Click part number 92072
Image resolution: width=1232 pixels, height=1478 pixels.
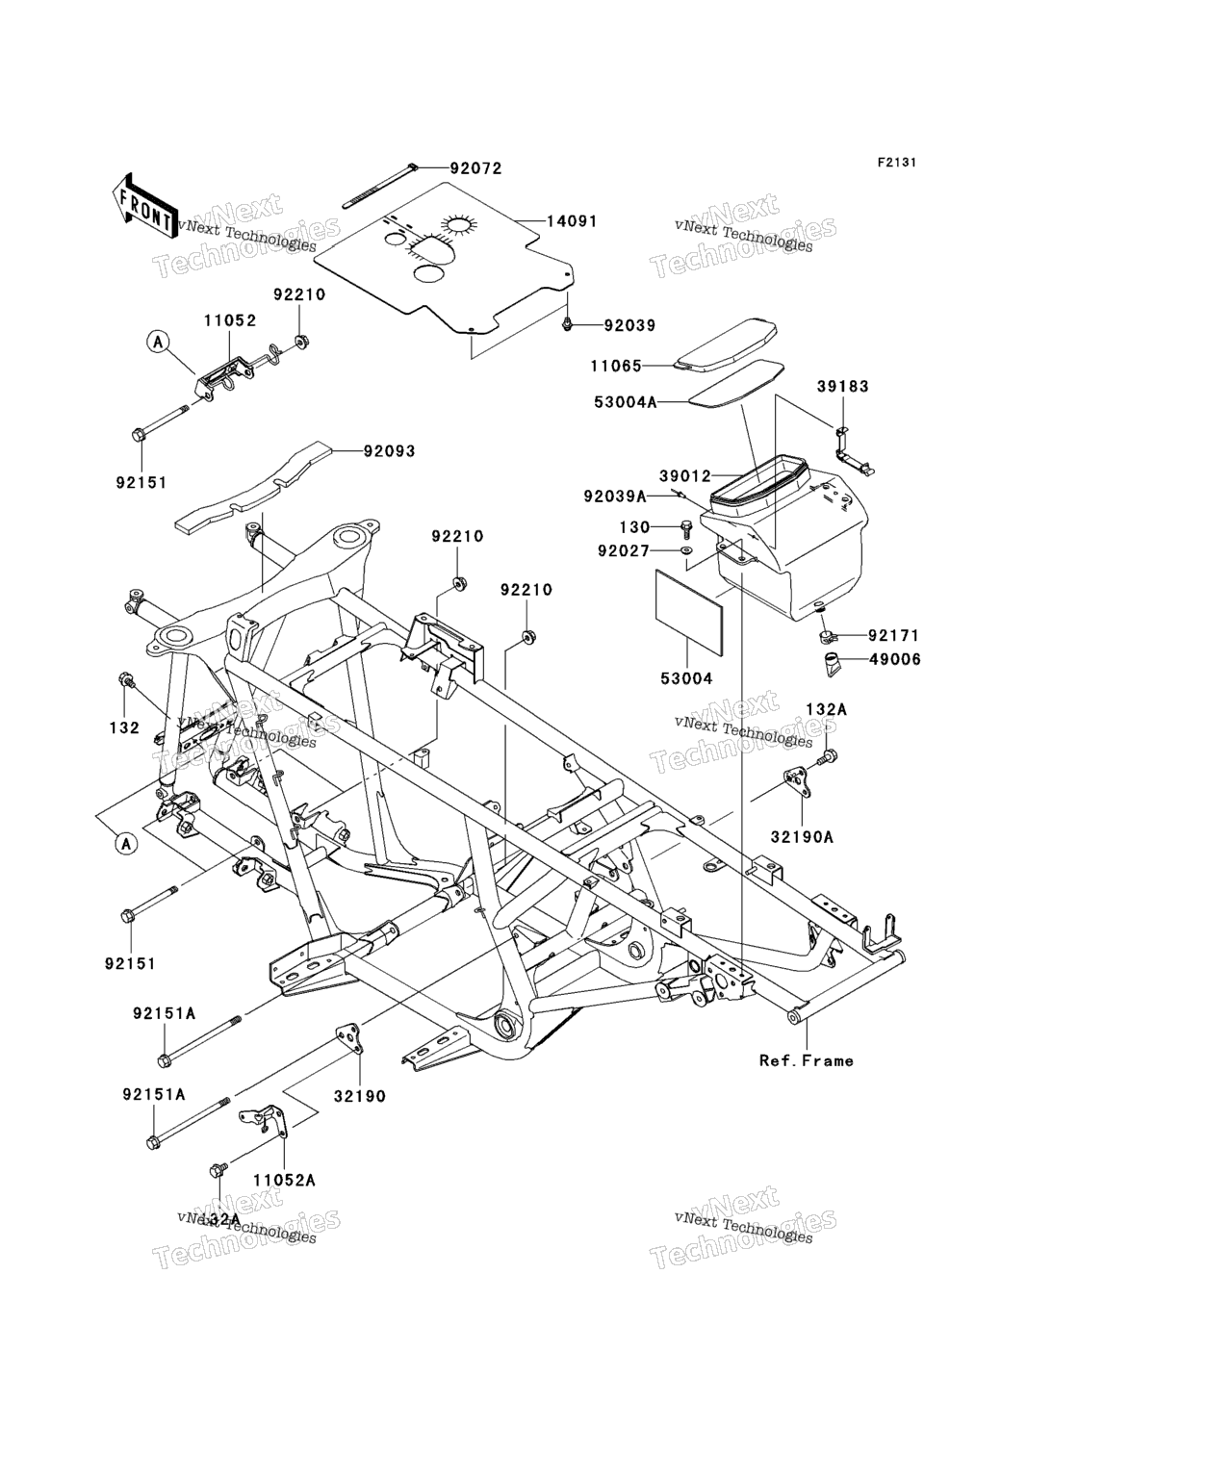[x=475, y=168]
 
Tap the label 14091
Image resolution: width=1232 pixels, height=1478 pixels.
[x=572, y=221]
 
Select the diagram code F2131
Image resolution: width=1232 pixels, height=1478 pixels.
[x=896, y=163]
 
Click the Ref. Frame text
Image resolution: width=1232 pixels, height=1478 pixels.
[x=806, y=1060]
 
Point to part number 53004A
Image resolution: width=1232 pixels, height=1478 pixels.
[x=624, y=402]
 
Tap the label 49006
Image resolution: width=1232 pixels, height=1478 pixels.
[x=894, y=659]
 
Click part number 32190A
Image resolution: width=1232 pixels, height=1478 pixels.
[x=802, y=837]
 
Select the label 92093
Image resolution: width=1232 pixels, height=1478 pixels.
[x=389, y=450]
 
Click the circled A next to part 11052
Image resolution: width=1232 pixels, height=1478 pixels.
[x=159, y=340]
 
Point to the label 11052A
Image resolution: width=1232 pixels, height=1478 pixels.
[x=285, y=1180]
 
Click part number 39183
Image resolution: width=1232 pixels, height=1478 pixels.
[x=842, y=386]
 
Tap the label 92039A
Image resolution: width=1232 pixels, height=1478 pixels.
[x=614, y=497]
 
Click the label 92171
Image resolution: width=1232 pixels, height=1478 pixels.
[x=894, y=635]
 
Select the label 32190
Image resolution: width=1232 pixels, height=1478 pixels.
[x=360, y=1096]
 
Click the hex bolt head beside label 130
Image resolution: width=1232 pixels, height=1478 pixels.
[x=685, y=527]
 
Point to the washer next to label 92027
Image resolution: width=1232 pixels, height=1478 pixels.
[x=686, y=550]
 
